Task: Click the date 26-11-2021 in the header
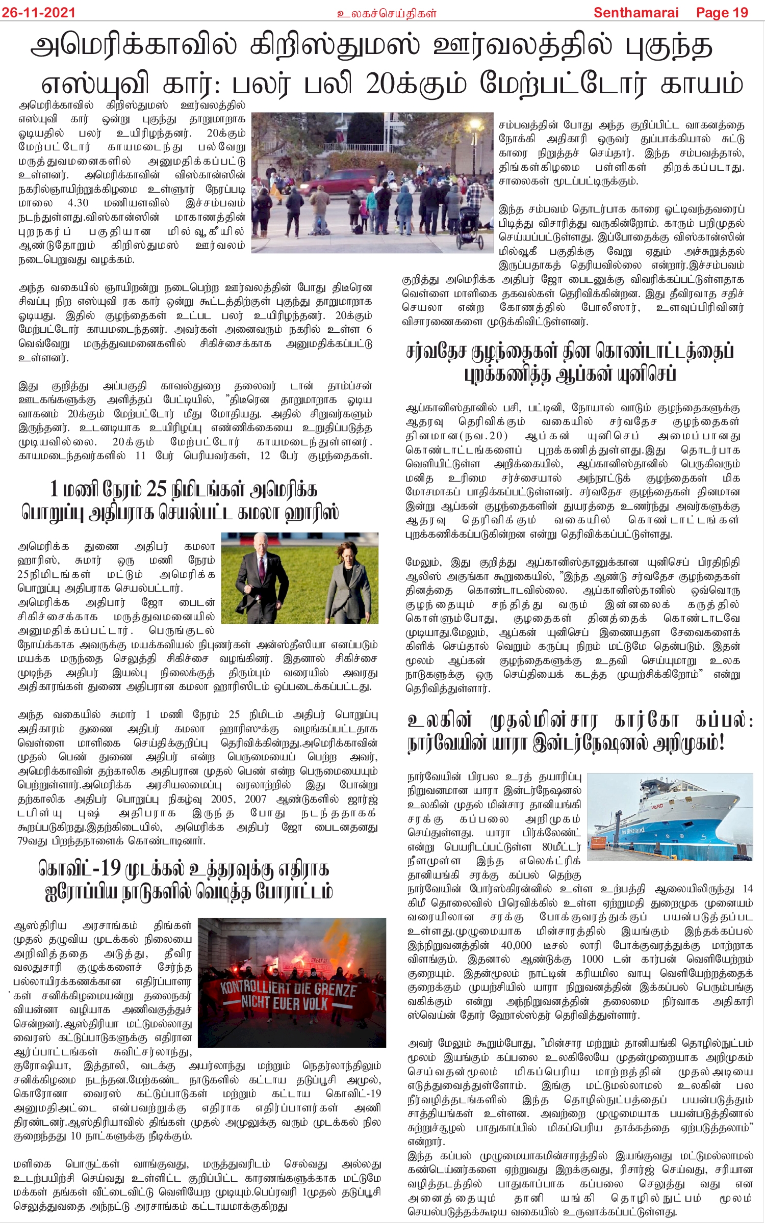click(38, 12)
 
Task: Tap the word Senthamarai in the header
click(635, 12)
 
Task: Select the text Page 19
click(722, 12)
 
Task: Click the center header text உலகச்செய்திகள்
click(387, 13)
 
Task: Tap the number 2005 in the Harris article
click(222, 799)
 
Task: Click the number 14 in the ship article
click(747, 889)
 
